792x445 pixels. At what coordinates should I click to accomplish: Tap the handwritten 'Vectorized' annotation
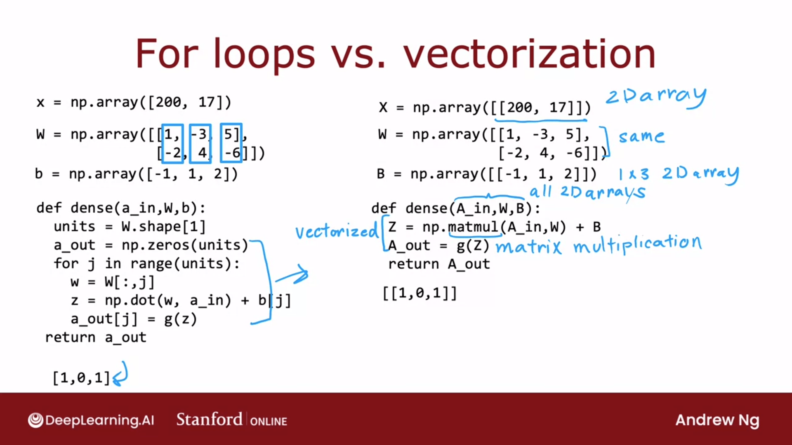337,231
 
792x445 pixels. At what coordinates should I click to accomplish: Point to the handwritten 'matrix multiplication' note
599,244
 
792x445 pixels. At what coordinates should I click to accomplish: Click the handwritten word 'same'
641,136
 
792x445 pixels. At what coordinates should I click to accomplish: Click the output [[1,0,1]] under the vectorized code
420,293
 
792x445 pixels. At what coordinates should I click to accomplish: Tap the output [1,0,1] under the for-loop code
81,377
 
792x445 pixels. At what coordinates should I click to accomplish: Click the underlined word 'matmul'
474,227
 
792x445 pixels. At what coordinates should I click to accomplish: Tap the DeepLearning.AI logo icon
35,420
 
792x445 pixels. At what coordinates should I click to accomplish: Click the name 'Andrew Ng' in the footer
717,420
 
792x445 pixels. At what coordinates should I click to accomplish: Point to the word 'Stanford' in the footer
209,419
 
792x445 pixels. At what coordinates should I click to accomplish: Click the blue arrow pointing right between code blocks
292,275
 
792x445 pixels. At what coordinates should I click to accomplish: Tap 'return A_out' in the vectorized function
439,264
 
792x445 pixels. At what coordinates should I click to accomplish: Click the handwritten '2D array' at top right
655,97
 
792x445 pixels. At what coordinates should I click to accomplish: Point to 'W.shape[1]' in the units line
163,227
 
